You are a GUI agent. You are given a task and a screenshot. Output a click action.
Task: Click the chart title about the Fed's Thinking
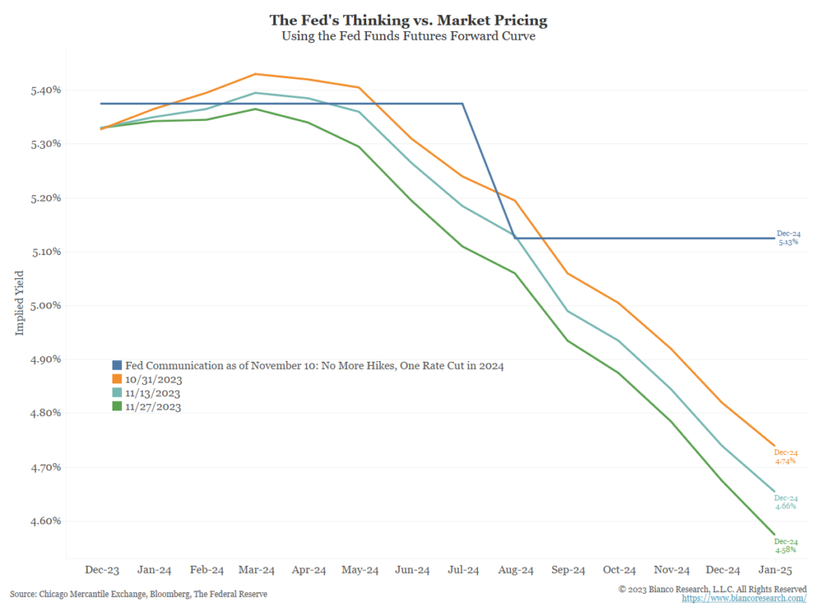pos(408,19)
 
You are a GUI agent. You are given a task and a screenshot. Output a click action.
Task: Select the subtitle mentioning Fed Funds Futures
pos(408,36)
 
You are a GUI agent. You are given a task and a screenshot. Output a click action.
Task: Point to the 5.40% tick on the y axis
pos(45,90)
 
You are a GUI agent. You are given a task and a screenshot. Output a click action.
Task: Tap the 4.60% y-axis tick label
pos(45,521)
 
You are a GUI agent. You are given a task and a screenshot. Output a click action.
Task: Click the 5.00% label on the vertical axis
pos(45,305)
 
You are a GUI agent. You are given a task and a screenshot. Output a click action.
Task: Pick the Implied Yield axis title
pos(20,304)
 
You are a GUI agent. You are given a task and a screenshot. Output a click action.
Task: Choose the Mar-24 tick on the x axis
pos(257,571)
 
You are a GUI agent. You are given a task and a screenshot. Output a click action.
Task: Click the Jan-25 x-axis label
pos(774,571)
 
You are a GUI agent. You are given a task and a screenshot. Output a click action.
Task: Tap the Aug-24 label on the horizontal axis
pos(515,571)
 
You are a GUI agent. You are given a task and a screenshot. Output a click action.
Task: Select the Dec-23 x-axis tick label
pos(102,571)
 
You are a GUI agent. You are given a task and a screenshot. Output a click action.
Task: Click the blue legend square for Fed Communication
pos(116,366)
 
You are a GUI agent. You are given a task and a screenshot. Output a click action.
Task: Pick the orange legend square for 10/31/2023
pos(116,379)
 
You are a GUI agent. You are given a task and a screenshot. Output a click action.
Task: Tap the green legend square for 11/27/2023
pos(116,406)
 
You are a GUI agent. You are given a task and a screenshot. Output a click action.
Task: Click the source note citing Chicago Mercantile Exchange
pos(138,594)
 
